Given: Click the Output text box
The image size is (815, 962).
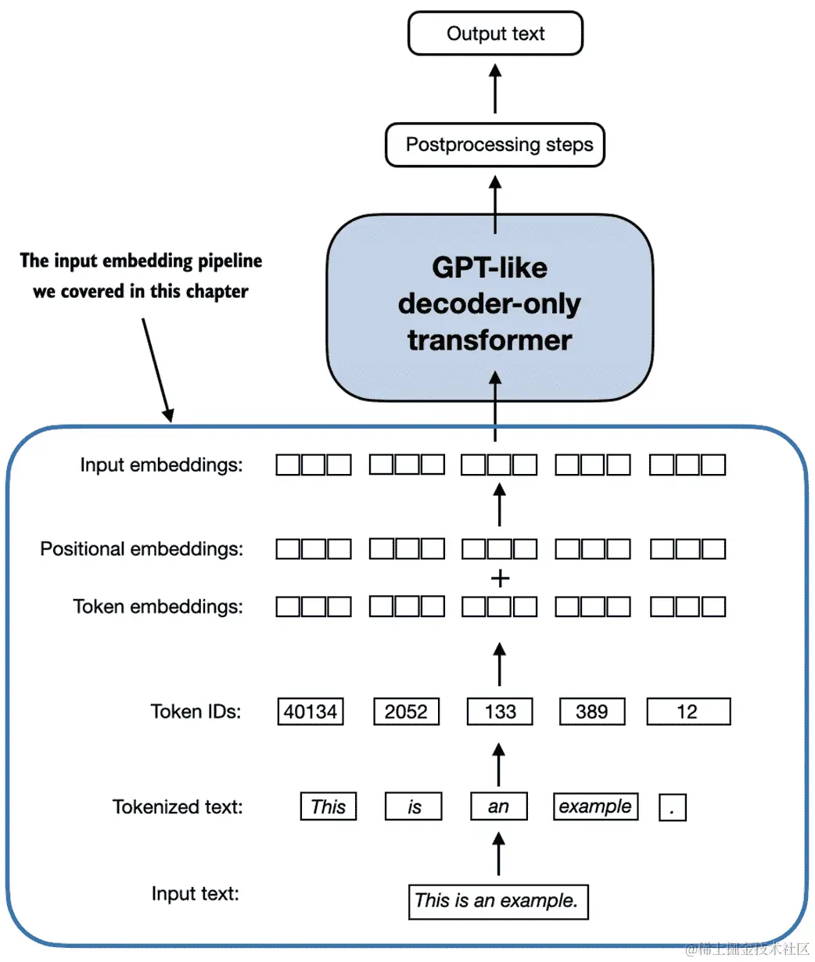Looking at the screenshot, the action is pyautogui.click(x=495, y=33).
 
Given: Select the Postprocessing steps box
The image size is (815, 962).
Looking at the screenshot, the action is pyautogui.click(x=495, y=145).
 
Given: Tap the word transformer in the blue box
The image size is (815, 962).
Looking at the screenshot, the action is pyautogui.click(x=490, y=340).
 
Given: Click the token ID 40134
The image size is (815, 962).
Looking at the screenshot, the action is pyautogui.click(x=311, y=712).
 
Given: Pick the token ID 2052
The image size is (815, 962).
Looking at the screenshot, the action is pyautogui.click(x=407, y=712).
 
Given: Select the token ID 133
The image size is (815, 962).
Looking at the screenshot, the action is pyautogui.click(x=500, y=712).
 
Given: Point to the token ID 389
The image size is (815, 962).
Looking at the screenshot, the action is pyautogui.click(x=592, y=712).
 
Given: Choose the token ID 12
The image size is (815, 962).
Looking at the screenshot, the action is pyautogui.click(x=688, y=712).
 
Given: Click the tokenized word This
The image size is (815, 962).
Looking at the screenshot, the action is pyautogui.click(x=329, y=806).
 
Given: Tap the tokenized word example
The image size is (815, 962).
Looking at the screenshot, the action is pyautogui.click(x=595, y=806).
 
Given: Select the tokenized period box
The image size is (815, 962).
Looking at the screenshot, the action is pyautogui.click(x=673, y=807).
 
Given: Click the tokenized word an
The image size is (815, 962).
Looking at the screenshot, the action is pyautogui.click(x=499, y=806).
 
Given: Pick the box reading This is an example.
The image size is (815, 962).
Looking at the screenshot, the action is pyautogui.click(x=498, y=902).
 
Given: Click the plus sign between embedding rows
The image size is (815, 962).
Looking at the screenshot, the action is pyautogui.click(x=500, y=579).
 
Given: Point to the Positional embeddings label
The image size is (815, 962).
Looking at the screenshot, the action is pyautogui.click(x=142, y=549).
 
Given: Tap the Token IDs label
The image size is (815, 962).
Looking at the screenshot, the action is pyautogui.click(x=196, y=712).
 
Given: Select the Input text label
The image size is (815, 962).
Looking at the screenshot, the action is pyautogui.click(x=196, y=894).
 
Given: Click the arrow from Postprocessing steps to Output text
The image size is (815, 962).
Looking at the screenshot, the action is pyautogui.click(x=495, y=88).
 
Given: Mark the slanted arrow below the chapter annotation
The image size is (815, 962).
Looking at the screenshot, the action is pyautogui.click(x=158, y=370).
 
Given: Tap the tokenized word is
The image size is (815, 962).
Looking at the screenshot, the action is pyautogui.click(x=413, y=806).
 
